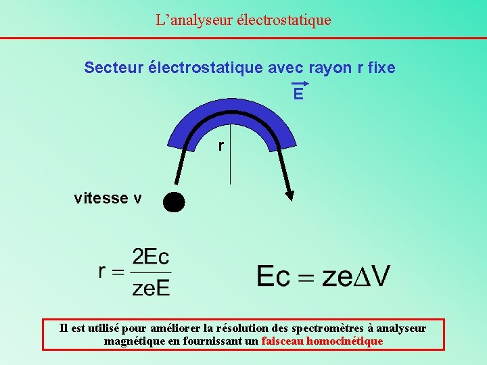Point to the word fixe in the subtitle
(x=379, y=68)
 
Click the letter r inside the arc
(x=221, y=145)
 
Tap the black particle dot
(x=174, y=201)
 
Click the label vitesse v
(x=108, y=198)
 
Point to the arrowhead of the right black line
(x=289, y=195)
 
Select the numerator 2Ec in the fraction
(x=151, y=257)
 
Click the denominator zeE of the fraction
(x=151, y=287)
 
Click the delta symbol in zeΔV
(x=358, y=275)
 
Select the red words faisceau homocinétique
(x=322, y=341)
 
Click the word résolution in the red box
(x=255, y=328)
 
